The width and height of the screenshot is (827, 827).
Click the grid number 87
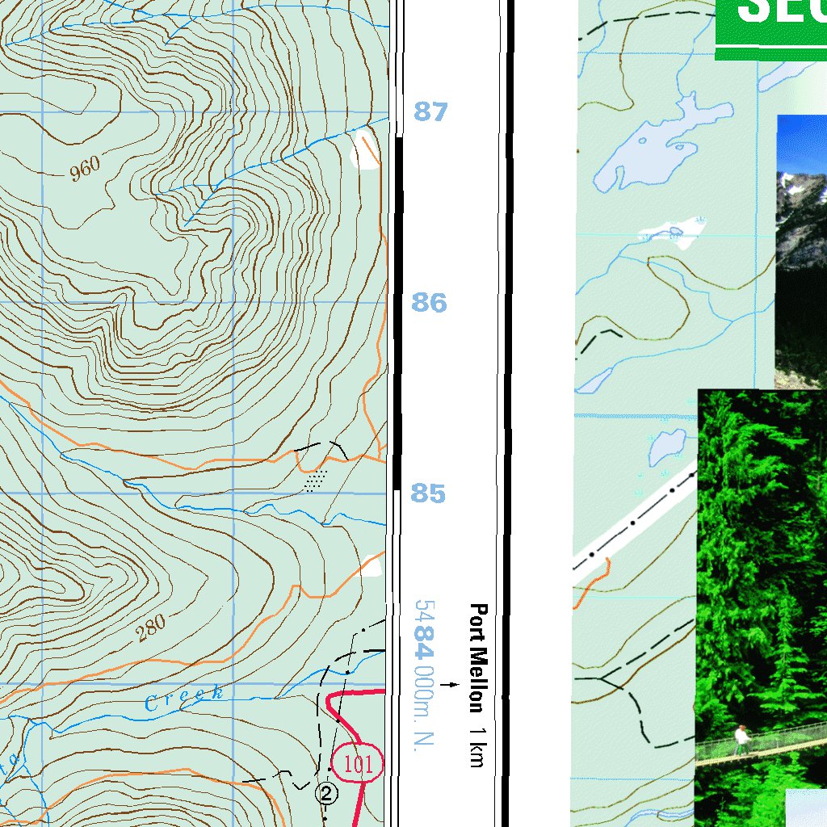pyautogui.click(x=430, y=111)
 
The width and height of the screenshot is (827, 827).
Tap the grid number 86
pyautogui.click(x=429, y=303)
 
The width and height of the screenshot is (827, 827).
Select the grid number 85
pyautogui.click(x=428, y=493)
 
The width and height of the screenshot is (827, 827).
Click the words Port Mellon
pyautogui.click(x=478, y=658)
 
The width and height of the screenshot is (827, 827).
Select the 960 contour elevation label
pyautogui.click(x=84, y=169)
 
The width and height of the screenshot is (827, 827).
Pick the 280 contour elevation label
pyautogui.click(x=150, y=627)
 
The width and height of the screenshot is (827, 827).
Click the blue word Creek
pyautogui.click(x=184, y=698)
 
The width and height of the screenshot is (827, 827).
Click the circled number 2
pyautogui.click(x=326, y=792)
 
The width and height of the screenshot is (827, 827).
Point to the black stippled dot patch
pyautogui.click(x=316, y=481)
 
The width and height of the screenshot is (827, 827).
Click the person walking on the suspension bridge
pyautogui.click(x=741, y=739)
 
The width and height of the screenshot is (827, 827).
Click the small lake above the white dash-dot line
pyautogui.click(x=667, y=443)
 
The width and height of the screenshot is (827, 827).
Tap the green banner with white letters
pyautogui.click(x=770, y=28)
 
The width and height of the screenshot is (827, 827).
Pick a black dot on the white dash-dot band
pyautogui.click(x=632, y=523)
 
